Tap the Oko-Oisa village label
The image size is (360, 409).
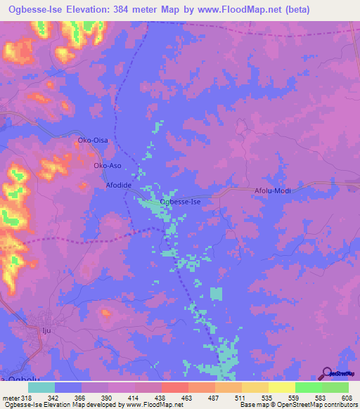(x=92, y=141)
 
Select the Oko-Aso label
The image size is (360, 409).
(x=108, y=165)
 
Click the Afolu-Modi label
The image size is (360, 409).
(x=273, y=190)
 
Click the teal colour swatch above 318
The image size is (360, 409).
(x=41, y=387)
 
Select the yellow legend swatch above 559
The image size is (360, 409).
(x=281, y=387)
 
